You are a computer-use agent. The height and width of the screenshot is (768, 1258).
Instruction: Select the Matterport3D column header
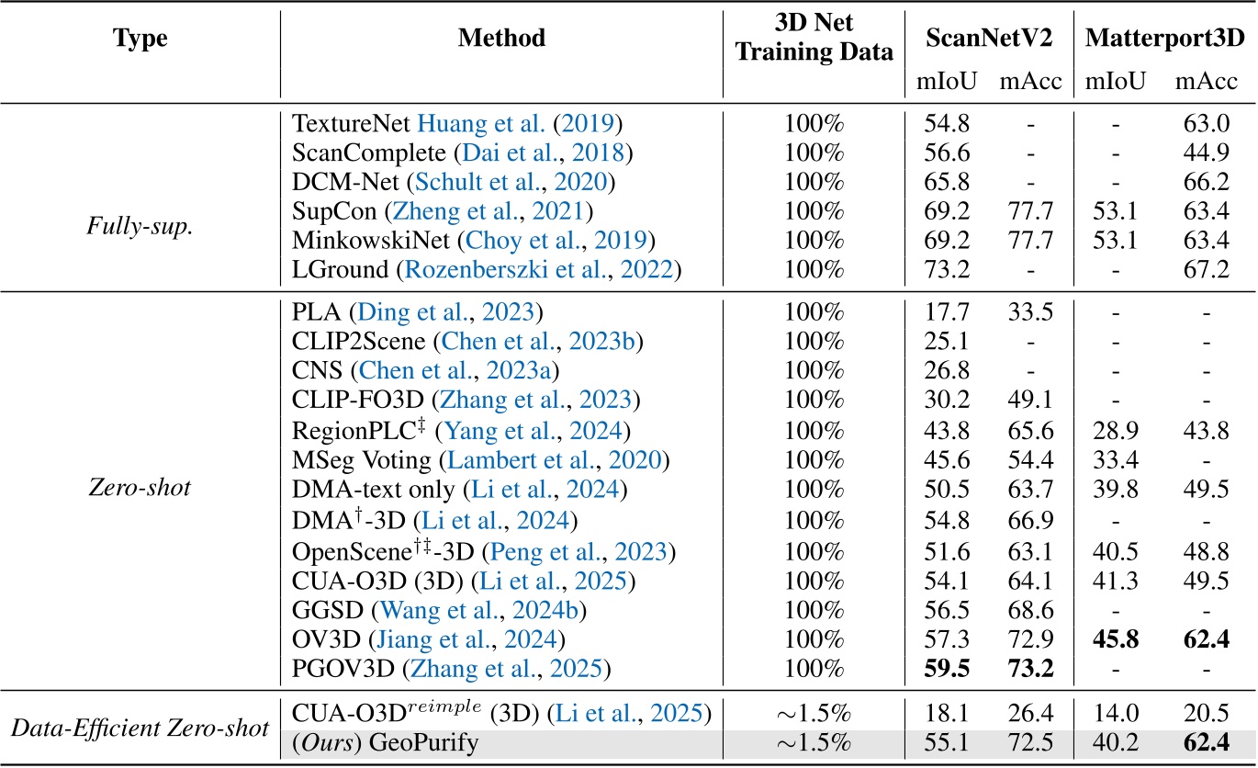pos(1164,39)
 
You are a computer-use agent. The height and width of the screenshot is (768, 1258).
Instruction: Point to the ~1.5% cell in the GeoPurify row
pos(814,743)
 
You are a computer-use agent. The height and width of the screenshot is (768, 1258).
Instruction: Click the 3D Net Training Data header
pos(814,39)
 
